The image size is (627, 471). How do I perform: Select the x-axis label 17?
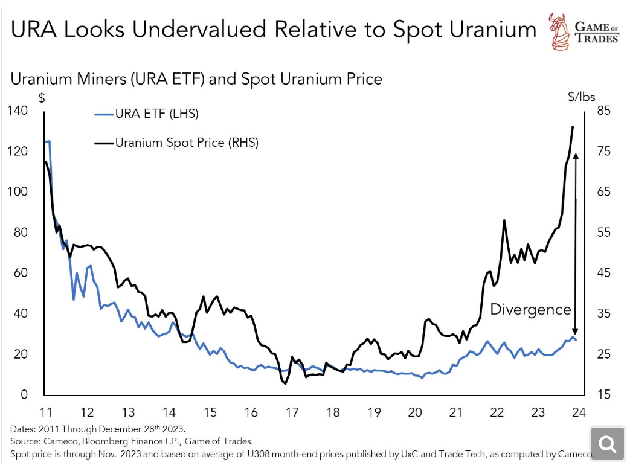click(x=292, y=413)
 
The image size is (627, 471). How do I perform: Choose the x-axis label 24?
click(x=579, y=413)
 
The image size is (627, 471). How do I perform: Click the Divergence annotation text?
click(x=530, y=310)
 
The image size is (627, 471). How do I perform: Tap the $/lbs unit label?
click(x=581, y=96)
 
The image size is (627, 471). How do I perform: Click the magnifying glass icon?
click(x=606, y=444)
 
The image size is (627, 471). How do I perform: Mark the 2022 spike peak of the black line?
click(x=504, y=221)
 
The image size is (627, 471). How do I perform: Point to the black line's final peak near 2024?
click(x=573, y=127)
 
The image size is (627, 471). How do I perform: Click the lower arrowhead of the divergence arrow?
click(x=576, y=331)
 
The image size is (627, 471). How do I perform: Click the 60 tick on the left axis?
click(x=21, y=273)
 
